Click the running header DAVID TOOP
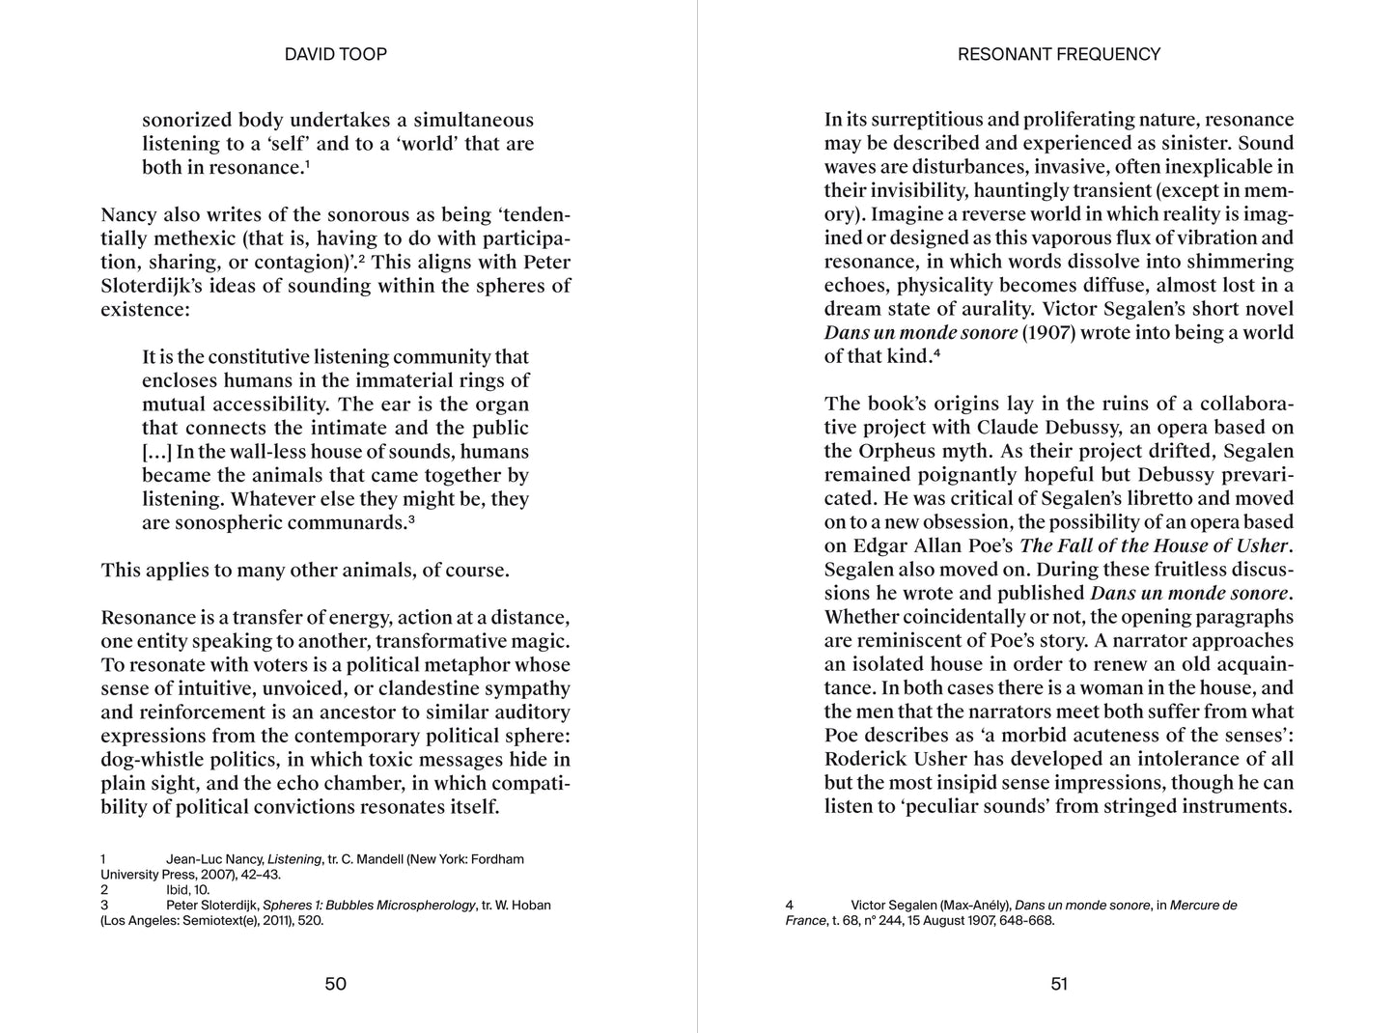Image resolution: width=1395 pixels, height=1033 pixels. point(335,55)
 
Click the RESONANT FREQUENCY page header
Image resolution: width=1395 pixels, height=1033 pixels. point(1058,55)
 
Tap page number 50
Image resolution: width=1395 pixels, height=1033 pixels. point(335,984)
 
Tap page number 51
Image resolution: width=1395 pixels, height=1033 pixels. point(1059,984)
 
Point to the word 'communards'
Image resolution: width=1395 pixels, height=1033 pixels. point(346,522)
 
